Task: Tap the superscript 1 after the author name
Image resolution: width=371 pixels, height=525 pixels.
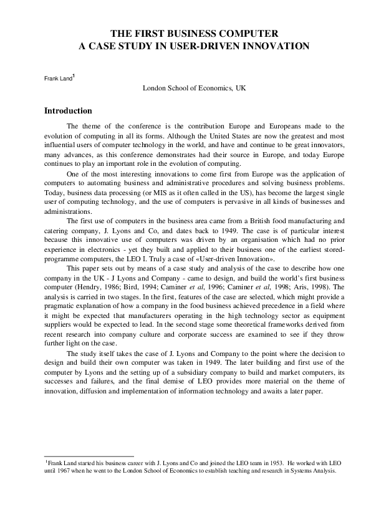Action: point(74,76)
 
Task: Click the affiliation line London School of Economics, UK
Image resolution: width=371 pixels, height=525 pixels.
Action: point(194,89)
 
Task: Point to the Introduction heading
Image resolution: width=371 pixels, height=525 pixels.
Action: point(68,111)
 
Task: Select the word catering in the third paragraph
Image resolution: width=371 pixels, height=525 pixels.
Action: point(57,229)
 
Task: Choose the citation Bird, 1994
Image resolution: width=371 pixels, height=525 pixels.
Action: point(136,290)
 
